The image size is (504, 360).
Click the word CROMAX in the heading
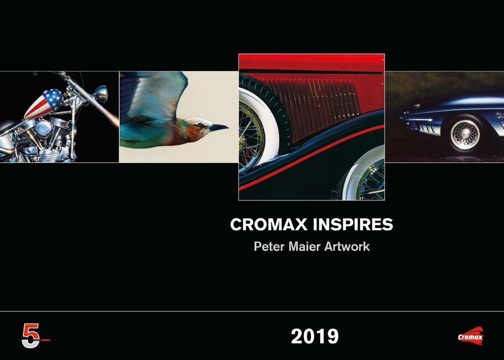[269, 225]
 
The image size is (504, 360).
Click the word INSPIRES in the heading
[353, 225]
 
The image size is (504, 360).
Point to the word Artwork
[347, 246]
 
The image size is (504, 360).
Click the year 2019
[315, 336]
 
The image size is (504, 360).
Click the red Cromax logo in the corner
[470, 336]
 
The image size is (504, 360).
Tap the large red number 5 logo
[31, 335]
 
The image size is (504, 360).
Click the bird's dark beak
[218, 128]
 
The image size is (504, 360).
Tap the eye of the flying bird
[200, 125]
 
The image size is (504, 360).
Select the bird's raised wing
[155, 93]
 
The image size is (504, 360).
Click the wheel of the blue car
[465, 135]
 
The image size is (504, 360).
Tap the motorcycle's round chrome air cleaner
[43, 128]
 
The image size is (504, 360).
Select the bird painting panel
[179, 117]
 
